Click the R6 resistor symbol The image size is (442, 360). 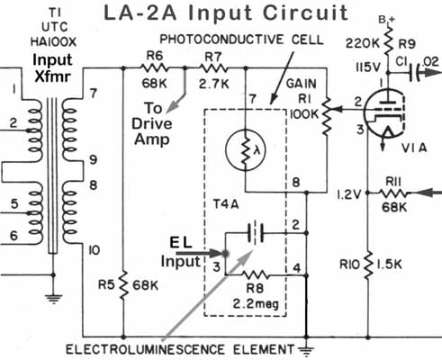point(154,68)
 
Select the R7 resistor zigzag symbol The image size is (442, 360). point(212,68)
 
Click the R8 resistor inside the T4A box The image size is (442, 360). point(256,274)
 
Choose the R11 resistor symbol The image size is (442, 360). point(394,193)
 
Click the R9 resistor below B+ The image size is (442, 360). point(388,40)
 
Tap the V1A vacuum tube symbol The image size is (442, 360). point(384,113)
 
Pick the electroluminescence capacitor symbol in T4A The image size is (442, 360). point(256,233)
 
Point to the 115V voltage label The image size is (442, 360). point(368,67)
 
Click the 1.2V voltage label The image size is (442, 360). point(348,195)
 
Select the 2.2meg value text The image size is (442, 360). point(256,304)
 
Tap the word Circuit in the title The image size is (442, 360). point(305,13)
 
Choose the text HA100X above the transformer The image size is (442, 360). point(53,41)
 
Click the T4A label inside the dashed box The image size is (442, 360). point(226,204)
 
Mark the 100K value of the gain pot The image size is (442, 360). point(304,113)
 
